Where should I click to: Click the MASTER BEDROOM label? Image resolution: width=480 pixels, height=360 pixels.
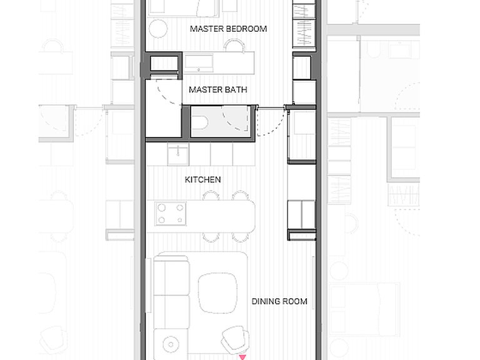228,29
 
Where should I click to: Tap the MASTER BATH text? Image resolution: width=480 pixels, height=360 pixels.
218,90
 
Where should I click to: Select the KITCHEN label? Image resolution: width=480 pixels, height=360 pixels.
202,179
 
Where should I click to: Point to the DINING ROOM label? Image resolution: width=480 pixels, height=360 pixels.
279,301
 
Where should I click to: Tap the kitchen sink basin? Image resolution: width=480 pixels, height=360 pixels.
178,154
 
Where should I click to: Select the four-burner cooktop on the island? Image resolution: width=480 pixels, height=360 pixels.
171,214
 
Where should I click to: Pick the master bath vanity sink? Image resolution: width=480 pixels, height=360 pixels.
198,63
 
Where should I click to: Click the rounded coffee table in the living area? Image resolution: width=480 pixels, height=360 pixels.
217,293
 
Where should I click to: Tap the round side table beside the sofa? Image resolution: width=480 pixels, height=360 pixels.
171,345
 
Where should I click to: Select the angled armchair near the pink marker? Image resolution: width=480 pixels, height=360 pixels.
235,339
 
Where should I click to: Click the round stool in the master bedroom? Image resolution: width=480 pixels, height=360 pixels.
158,29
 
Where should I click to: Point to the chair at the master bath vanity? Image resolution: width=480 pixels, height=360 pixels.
234,45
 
